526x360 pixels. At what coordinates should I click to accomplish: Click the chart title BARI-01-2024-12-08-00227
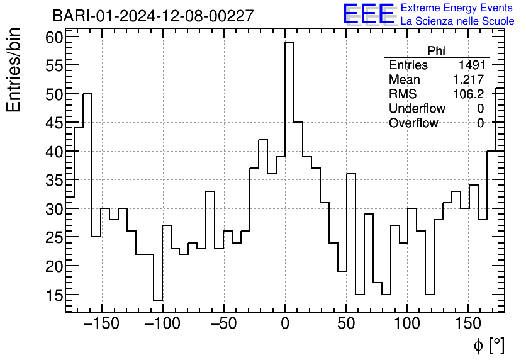point(153,16)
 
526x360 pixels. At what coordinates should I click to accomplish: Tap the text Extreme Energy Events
point(457,8)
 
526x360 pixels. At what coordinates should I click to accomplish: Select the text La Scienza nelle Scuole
point(457,21)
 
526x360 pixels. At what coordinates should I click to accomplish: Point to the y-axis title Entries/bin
point(14,70)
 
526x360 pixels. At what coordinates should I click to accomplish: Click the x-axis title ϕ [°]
point(488,345)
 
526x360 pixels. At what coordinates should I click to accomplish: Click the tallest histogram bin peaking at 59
point(289,176)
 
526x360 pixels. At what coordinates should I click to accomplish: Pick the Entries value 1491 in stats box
point(471,65)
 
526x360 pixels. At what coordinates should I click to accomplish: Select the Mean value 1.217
point(468,80)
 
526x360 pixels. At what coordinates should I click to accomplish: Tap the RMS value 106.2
point(469,94)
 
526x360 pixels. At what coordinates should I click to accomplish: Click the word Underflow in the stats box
point(417,109)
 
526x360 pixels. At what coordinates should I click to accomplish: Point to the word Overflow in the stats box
point(413,123)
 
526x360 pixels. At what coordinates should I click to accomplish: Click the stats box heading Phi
point(436,51)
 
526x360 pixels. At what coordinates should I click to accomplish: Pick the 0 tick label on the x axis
point(285,324)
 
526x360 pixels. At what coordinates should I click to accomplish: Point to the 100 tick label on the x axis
point(407,324)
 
